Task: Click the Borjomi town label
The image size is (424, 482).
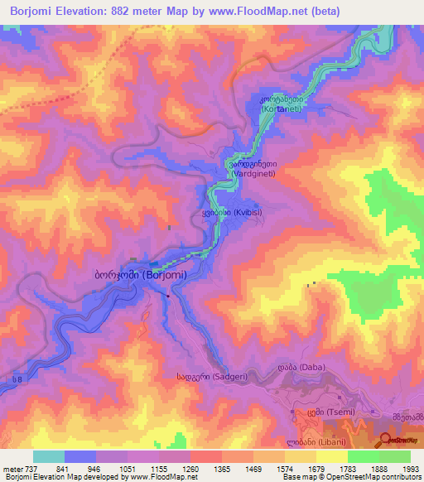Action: [139, 274]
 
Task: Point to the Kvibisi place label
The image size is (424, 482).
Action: [231, 213]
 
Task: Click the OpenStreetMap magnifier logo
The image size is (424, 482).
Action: [388, 440]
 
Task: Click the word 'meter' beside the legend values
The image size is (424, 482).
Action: [12, 469]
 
